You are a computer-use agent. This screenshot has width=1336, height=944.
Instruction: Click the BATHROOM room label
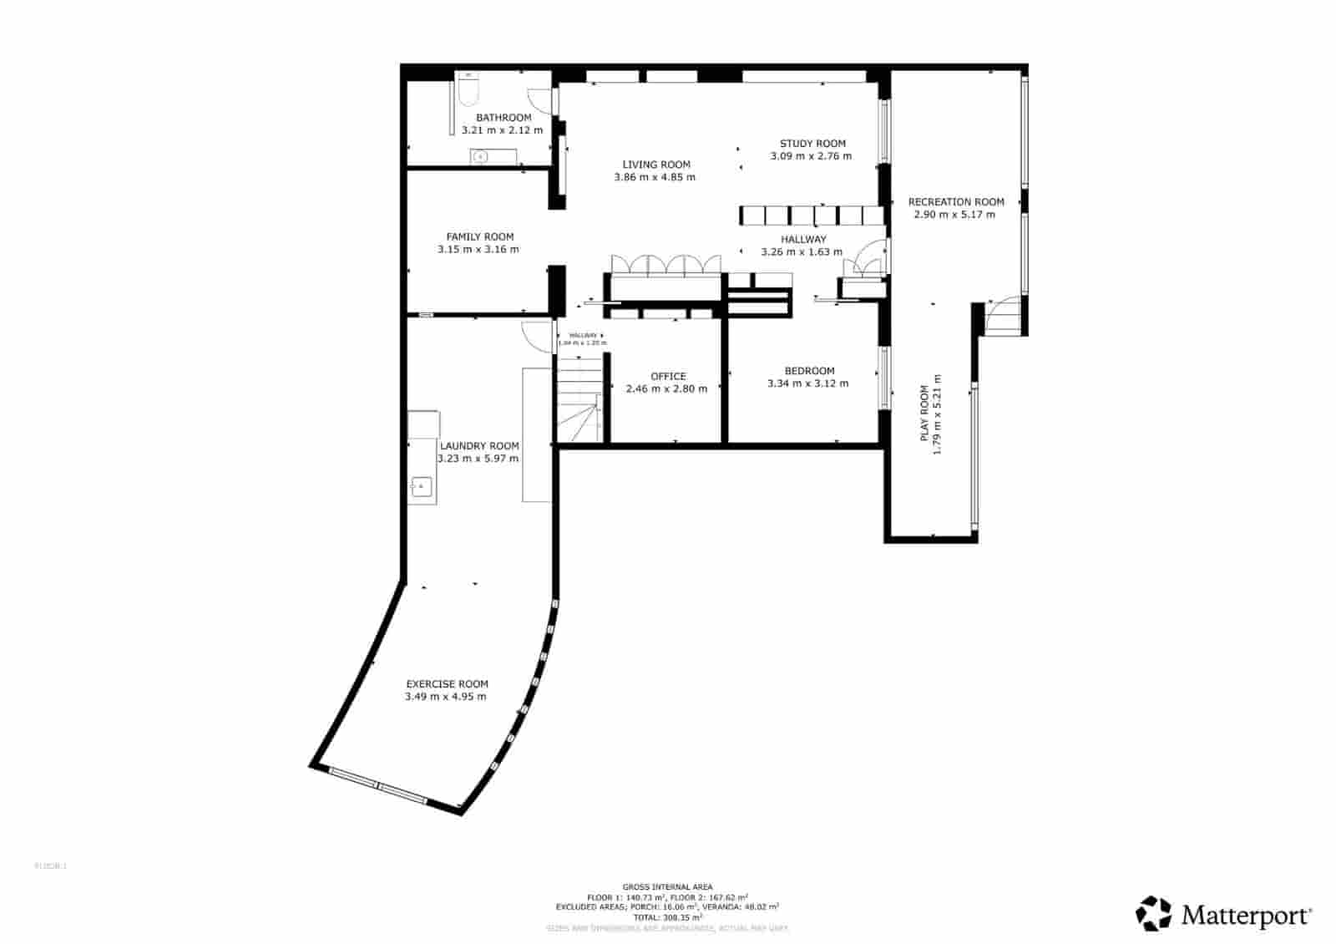pyautogui.click(x=504, y=118)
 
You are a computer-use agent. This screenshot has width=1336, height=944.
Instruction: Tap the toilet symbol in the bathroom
pyautogui.click(x=468, y=89)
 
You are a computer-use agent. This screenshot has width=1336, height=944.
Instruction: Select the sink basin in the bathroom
pyautogui.click(x=480, y=156)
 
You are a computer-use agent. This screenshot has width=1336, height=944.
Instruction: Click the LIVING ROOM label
pyautogui.click(x=656, y=165)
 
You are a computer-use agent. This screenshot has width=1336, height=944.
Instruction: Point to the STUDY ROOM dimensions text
pyautogui.click(x=810, y=156)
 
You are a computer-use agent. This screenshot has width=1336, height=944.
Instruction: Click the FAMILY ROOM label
pyautogui.click(x=479, y=236)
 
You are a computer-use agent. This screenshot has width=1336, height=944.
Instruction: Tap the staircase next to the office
pyautogui.click(x=579, y=399)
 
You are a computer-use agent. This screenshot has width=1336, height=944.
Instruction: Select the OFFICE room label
pyautogui.click(x=668, y=376)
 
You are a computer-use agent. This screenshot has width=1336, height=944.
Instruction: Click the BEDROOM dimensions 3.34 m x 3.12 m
pyautogui.click(x=807, y=383)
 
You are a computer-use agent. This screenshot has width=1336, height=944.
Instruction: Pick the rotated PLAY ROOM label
pyautogui.click(x=924, y=414)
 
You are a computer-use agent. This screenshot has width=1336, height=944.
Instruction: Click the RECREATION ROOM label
pyautogui.click(x=956, y=201)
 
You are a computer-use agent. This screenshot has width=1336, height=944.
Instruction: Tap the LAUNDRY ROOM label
pyautogui.click(x=479, y=446)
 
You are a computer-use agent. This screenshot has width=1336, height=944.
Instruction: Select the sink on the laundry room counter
pyautogui.click(x=422, y=485)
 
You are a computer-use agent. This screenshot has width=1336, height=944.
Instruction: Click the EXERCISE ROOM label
pyautogui.click(x=447, y=683)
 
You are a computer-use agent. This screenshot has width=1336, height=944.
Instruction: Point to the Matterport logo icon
pyautogui.click(x=1153, y=913)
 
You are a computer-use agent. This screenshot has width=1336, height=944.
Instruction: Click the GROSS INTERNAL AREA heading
pyautogui.click(x=667, y=886)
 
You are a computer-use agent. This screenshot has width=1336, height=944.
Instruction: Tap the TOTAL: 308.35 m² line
pyautogui.click(x=667, y=916)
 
